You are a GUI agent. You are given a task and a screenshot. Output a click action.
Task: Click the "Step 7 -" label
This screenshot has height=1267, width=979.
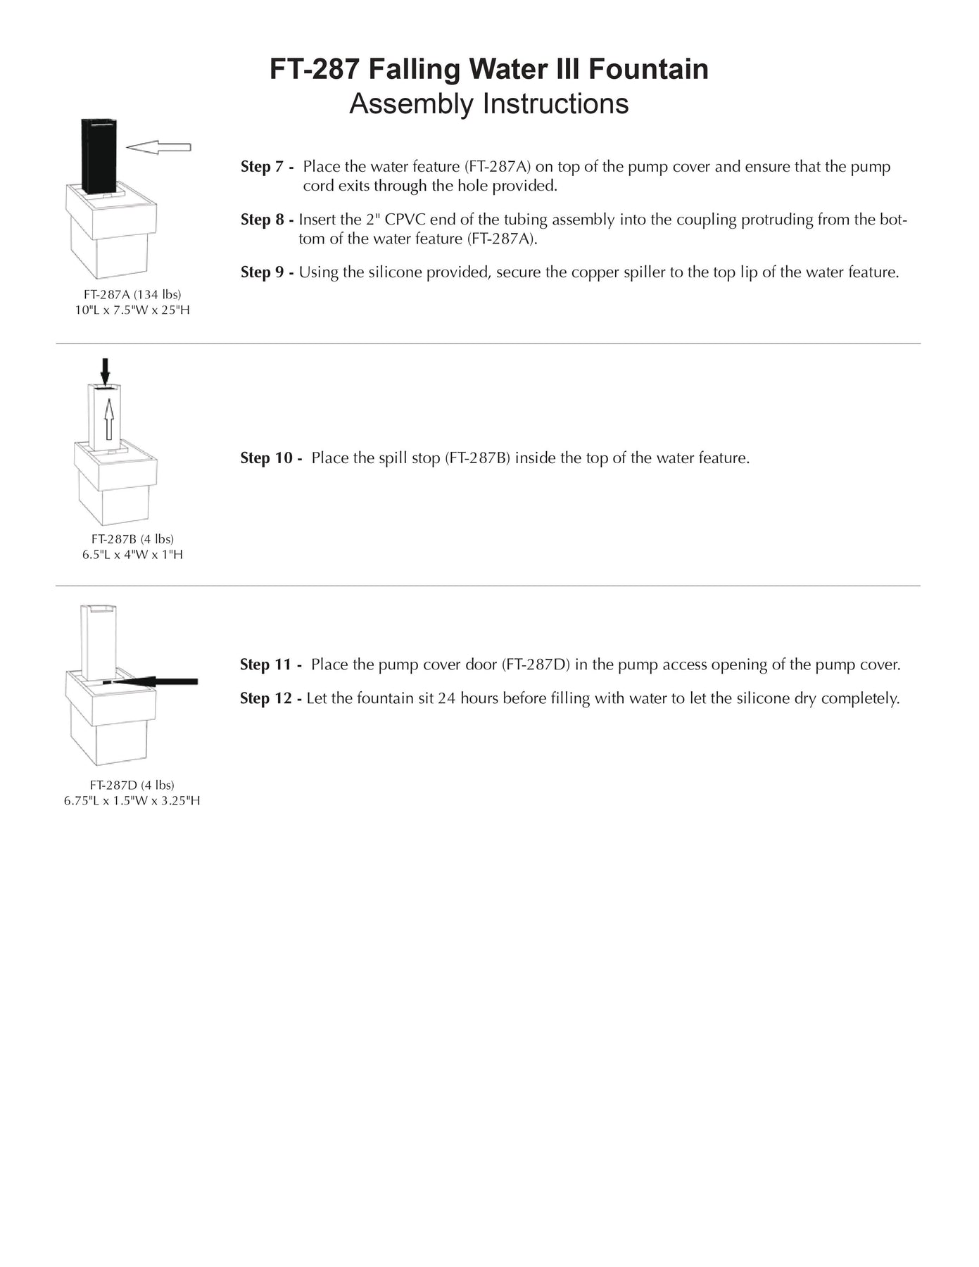coord(267,167)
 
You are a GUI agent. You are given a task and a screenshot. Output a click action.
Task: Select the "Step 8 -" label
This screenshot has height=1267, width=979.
coord(267,220)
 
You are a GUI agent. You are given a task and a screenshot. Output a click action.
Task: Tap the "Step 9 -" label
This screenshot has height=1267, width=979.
coord(267,272)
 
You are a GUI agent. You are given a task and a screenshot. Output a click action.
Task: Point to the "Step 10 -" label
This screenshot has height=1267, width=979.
coord(271,458)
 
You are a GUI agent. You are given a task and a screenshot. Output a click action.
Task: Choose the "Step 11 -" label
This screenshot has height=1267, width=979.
coord(271,665)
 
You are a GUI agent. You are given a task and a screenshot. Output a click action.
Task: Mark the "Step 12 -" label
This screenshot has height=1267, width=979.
coord(271,699)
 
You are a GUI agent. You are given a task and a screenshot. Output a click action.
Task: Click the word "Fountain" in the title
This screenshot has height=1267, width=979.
coord(648,70)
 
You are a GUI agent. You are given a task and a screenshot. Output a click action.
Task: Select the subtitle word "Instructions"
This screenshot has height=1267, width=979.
coord(555,104)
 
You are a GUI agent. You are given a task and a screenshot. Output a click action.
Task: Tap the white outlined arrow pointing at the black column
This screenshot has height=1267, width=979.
coord(158,146)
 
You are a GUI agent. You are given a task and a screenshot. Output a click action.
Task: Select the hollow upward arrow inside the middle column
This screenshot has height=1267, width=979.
coord(109,418)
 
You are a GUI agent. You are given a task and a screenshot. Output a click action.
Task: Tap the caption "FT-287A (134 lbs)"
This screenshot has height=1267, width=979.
coord(132,294)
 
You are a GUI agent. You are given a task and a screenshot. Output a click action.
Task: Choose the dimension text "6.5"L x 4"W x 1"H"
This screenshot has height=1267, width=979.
coord(132,555)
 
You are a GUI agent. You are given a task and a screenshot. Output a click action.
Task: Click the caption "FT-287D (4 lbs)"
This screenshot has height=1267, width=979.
coord(132,785)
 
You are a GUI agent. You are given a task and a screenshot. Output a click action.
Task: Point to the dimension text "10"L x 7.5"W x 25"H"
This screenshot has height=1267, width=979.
coord(132,310)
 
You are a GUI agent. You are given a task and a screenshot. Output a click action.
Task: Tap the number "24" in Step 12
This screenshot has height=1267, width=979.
coord(448,699)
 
